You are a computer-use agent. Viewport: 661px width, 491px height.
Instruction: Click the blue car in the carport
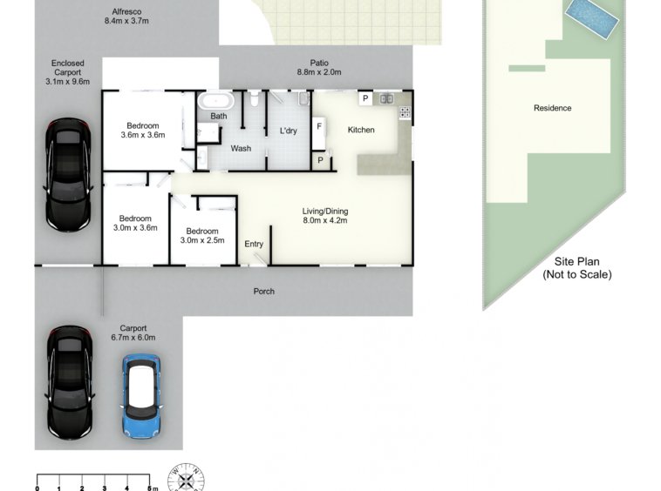141,396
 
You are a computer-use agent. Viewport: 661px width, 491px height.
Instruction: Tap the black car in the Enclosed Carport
68,175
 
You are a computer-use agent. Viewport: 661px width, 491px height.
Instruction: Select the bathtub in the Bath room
216,101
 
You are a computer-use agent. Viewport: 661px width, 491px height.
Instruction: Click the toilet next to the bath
255,99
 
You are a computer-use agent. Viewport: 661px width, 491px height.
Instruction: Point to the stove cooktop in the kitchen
405,112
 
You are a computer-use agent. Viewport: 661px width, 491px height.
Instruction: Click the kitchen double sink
386,99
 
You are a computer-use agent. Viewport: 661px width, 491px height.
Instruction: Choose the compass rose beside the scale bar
186,478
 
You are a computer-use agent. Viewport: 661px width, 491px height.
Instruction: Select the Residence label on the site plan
552,108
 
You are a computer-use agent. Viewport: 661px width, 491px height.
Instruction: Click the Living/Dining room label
325,212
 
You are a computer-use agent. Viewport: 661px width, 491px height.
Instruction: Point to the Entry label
254,244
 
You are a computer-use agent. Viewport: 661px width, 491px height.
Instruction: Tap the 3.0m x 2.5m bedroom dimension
202,240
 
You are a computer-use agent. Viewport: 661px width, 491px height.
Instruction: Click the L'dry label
289,131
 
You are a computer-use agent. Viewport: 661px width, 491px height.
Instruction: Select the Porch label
264,291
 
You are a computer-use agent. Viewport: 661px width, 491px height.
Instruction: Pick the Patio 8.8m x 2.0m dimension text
319,72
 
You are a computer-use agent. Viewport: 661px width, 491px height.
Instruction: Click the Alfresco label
126,12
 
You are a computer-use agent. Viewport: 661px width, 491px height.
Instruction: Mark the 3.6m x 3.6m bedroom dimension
143,135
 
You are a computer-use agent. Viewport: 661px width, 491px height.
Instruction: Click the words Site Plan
576,262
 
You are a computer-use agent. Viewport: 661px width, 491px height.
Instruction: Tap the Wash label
241,149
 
